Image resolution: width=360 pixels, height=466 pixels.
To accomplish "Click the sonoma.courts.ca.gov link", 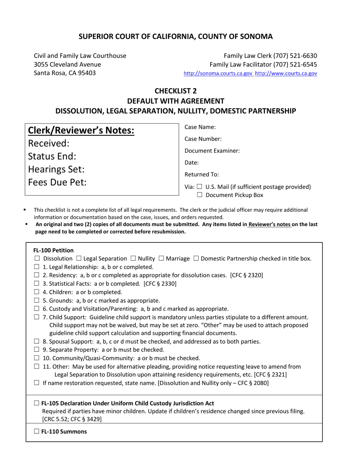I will [x=218, y=73].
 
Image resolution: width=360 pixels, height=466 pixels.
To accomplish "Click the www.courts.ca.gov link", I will [x=286, y=73].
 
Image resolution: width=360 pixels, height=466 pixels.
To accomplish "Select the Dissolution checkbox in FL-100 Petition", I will [x=37, y=259].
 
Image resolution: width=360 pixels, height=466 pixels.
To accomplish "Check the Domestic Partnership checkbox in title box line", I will [x=196, y=259].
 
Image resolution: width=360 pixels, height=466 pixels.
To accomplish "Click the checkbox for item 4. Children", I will [x=37, y=292].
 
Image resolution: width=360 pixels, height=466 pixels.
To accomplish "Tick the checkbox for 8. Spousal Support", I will [x=37, y=342].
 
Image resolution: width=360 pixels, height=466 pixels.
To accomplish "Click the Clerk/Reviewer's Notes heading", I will [x=81, y=131].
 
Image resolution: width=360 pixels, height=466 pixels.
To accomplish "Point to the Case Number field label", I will [x=203, y=139].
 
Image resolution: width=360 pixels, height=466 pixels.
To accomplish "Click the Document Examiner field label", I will [x=212, y=151].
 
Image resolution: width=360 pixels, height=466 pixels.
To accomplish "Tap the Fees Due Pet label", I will [x=58, y=182].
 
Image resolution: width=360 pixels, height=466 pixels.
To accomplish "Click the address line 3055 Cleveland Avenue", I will [x=67, y=64].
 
